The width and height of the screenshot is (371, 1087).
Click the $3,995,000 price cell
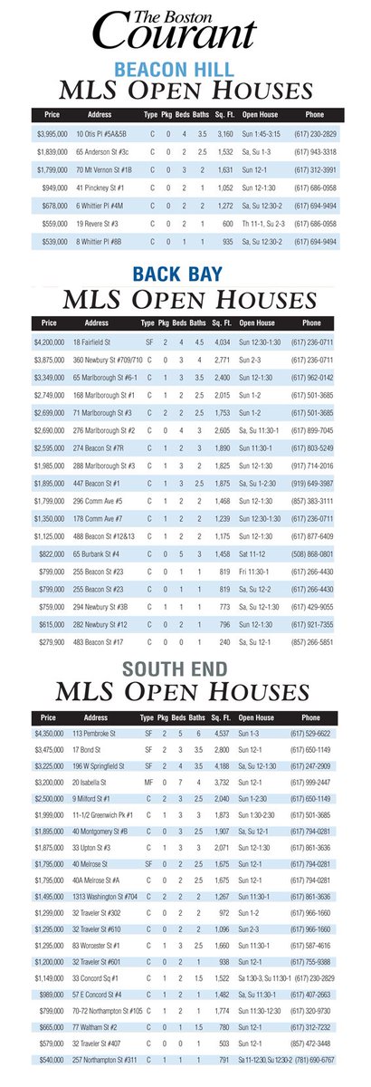click(53, 133)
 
